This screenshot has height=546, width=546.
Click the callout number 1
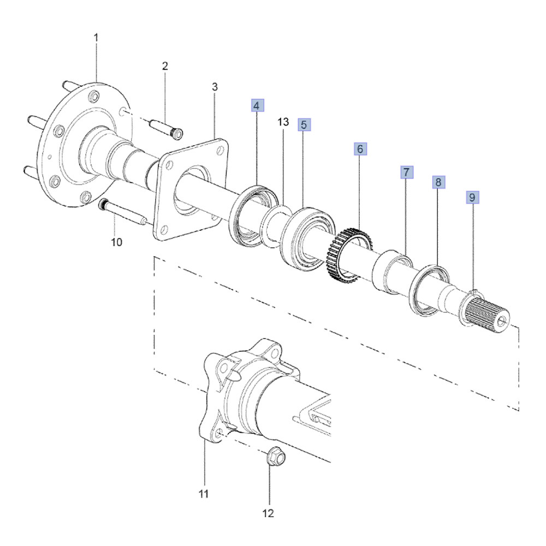[96, 38]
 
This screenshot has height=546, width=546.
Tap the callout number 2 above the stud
[165, 66]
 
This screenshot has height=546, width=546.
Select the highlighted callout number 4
[257, 105]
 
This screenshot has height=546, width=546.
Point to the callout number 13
[283, 122]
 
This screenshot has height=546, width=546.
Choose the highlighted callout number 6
[360, 149]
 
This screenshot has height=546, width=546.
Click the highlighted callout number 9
[472, 198]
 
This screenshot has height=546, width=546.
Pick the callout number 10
[117, 242]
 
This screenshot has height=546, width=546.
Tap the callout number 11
[203, 494]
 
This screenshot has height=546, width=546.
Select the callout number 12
[268, 513]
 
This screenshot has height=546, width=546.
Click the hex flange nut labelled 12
[276, 455]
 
